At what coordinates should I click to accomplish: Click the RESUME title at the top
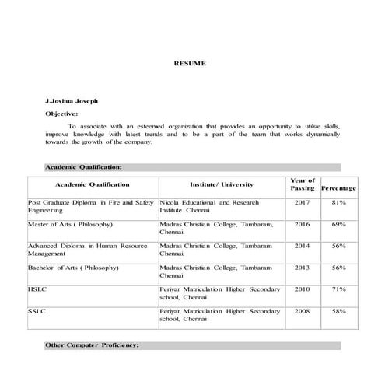[x=190, y=63]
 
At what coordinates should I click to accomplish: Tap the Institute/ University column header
[x=222, y=185]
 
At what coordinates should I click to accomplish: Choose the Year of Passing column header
[x=302, y=184]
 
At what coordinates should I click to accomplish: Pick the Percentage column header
[x=338, y=188]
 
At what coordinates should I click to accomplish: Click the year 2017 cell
[x=302, y=202]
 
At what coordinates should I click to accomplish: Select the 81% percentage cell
[x=338, y=202]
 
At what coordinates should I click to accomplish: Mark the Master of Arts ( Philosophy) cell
[x=71, y=224]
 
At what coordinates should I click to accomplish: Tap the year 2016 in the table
[x=302, y=224]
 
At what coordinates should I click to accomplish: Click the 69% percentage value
[x=338, y=224]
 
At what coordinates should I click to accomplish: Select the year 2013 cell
[x=302, y=268]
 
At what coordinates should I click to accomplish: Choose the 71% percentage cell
[x=338, y=289]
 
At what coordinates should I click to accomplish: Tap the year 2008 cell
[x=302, y=311]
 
